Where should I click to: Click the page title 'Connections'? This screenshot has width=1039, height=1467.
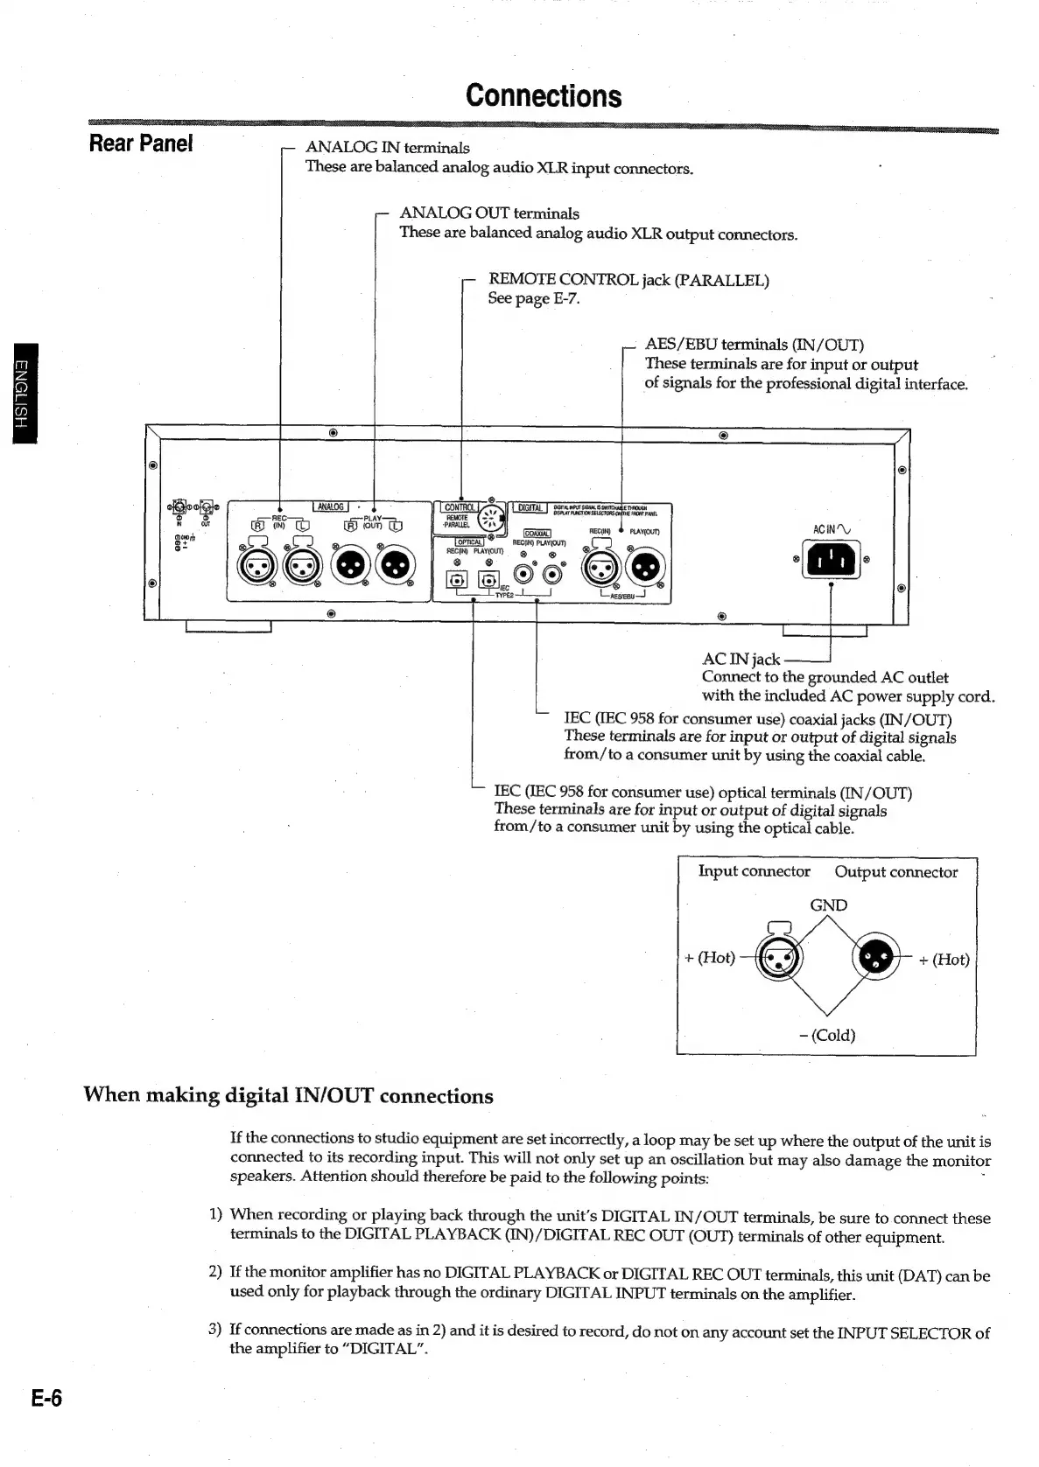[x=544, y=95]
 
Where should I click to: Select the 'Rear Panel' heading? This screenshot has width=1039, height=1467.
[x=140, y=143]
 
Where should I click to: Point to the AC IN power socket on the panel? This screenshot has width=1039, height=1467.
[x=831, y=560]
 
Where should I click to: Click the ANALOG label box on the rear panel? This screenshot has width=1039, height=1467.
[x=331, y=506]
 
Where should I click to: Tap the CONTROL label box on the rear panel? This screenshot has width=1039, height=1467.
[x=459, y=506]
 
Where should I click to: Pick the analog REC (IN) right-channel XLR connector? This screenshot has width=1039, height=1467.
[x=256, y=569]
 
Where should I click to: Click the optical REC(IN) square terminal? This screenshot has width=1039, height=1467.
[x=456, y=580]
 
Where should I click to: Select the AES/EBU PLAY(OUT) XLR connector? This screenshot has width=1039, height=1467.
[x=645, y=569]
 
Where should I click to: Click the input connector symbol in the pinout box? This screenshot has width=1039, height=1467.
[x=780, y=958]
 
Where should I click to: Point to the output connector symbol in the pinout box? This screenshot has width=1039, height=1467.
[x=876, y=958]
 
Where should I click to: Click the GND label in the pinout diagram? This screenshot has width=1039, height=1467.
[x=828, y=905]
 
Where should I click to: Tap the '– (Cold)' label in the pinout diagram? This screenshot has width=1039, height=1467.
[x=827, y=1035]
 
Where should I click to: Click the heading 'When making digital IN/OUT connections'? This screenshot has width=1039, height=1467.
[x=288, y=1096]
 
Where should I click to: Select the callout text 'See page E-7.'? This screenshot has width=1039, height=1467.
[x=534, y=298]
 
